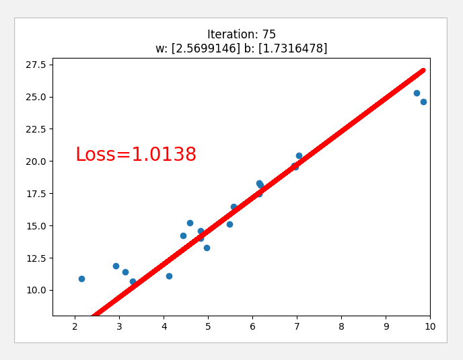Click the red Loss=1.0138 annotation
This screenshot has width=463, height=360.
(x=135, y=155)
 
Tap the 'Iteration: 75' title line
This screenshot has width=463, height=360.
(x=241, y=34)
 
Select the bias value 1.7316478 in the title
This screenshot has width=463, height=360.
(x=292, y=48)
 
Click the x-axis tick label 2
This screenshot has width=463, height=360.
(x=75, y=327)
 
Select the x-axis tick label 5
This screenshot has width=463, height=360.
(x=208, y=327)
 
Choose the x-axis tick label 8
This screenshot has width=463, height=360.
(x=341, y=327)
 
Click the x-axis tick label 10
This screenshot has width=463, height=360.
(x=430, y=327)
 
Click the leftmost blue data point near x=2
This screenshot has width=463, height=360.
(x=81, y=279)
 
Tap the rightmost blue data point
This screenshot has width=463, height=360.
(x=423, y=102)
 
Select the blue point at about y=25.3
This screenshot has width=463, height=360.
(x=417, y=93)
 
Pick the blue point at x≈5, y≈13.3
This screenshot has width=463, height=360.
(x=207, y=248)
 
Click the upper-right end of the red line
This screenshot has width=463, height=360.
(x=422, y=71)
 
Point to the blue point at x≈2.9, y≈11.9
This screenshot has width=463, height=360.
(x=116, y=266)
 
